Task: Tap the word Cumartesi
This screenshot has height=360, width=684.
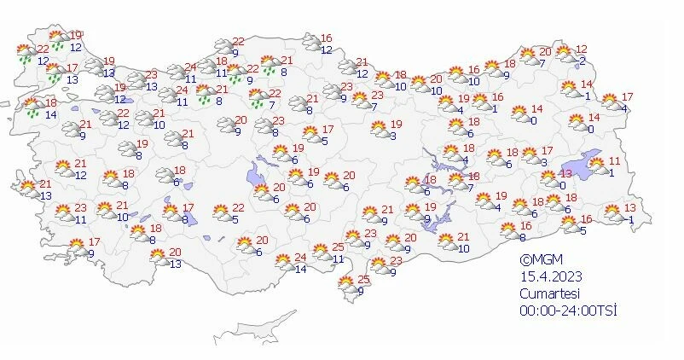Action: click(552, 293)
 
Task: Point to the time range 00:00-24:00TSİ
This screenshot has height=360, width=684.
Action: click(568, 310)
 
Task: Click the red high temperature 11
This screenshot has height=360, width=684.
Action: click(615, 161)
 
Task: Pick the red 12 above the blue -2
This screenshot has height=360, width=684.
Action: click(582, 49)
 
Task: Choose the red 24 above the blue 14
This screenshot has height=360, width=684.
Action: click(299, 258)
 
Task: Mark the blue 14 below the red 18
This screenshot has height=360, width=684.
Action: click(50, 114)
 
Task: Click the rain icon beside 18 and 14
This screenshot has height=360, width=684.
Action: click(32, 107)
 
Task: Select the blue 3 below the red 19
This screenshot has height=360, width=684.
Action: click(393, 136)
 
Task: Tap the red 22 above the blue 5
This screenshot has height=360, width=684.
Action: click(239, 208)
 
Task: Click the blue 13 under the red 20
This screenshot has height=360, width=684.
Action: click(176, 264)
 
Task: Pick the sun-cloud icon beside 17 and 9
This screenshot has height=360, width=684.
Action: click(76, 248)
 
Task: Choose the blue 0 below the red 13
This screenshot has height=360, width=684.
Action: click(563, 185)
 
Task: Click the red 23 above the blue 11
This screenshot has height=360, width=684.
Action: click(81, 208)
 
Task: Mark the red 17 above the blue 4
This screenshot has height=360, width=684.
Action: click(628, 96)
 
